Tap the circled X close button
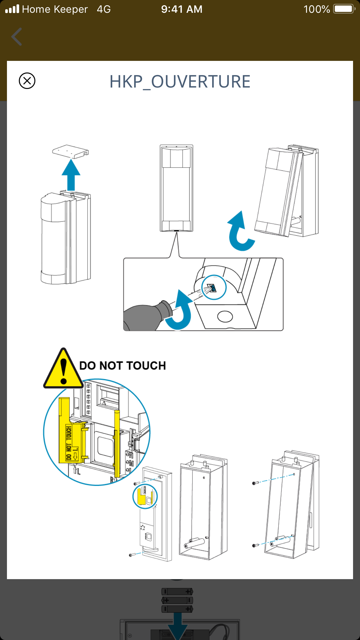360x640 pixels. tap(27, 81)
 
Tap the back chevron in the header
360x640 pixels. tap(17, 37)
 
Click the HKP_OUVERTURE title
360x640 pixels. tap(180, 82)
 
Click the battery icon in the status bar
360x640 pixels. tap(344, 9)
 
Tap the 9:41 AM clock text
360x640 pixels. tap(182, 9)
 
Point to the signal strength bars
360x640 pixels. tap(12, 9)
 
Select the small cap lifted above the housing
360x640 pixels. tap(70, 151)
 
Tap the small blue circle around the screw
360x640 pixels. tap(214, 288)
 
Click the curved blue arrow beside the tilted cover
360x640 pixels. tap(239, 232)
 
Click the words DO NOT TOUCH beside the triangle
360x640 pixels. tap(123, 366)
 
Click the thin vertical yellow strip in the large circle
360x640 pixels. tap(117, 443)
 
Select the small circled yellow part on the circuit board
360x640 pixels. tap(145, 496)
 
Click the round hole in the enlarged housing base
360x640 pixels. tap(225, 316)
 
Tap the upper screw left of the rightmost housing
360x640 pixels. tap(255, 483)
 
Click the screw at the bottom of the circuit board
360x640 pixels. tap(132, 555)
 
